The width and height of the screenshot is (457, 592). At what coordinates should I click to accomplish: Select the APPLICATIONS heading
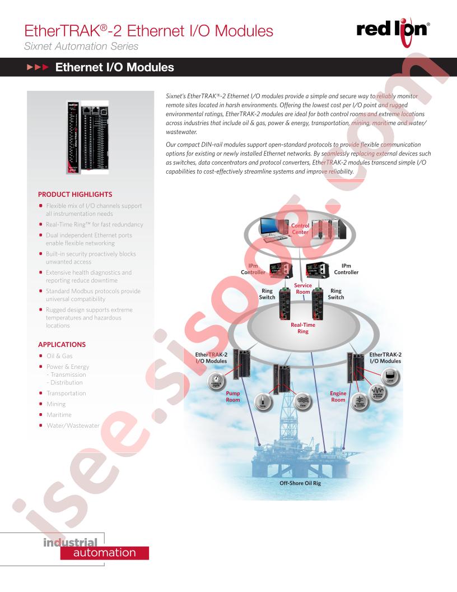pos(62,344)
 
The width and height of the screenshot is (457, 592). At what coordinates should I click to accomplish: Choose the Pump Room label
pos(232,397)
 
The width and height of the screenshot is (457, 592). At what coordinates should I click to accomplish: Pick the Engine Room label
pos(338,397)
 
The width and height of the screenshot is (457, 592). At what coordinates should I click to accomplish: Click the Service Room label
pos(303,289)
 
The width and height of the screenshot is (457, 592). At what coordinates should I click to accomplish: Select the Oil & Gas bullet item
pos(59,356)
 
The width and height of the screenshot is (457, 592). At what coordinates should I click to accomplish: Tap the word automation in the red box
pos(105,553)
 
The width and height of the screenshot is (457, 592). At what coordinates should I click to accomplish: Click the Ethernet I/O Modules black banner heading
pos(114,68)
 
